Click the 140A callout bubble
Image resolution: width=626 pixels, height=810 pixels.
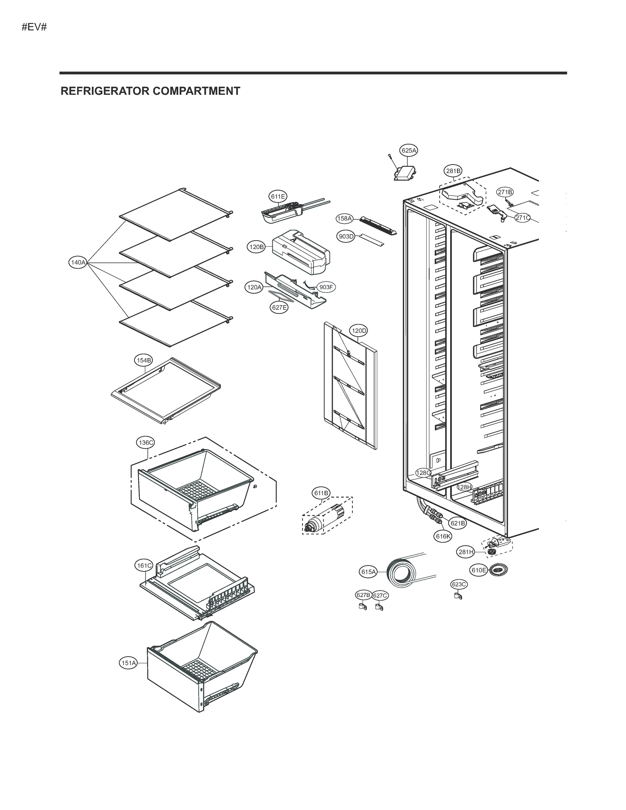click(x=78, y=263)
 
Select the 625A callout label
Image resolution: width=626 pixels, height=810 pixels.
click(x=409, y=150)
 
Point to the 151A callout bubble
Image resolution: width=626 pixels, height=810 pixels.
click(x=128, y=663)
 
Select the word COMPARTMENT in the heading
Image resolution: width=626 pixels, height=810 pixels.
click(x=196, y=91)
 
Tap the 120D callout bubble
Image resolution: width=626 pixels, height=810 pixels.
click(x=359, y=330)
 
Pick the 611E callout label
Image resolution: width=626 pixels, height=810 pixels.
click(x=278, y=196)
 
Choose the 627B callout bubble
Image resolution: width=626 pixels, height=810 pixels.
click(x=363, y=595)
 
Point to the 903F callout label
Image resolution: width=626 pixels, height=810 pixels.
click(x=326, y=287)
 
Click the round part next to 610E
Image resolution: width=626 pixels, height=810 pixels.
click(x=498, y=570)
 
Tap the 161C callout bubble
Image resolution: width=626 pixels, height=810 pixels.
click(x=143, y=566)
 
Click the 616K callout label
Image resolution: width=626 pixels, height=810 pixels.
click(x=443, y=536)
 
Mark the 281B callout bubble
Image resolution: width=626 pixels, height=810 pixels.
click(x=453, y=171)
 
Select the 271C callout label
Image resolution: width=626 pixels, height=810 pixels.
click(x=522, y=218)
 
